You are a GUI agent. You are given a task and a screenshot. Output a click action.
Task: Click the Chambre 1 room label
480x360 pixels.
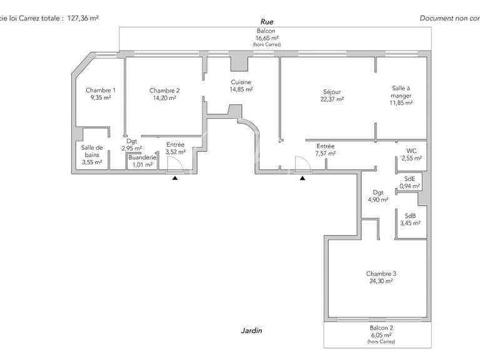(x=100, y=90)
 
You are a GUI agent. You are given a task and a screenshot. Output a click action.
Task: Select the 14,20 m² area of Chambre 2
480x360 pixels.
(x=165, y=97)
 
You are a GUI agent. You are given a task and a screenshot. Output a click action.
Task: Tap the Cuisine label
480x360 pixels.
(x=241, y=82)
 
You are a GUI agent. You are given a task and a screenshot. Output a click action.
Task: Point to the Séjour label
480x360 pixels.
(x=332, y=91)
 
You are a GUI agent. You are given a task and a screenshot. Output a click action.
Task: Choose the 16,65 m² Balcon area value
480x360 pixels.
(x=266, y=37)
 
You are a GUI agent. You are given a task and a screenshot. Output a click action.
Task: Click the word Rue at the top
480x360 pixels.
(x=266, y=21)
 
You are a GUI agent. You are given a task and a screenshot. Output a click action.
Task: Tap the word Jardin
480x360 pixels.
(x=251, y=331)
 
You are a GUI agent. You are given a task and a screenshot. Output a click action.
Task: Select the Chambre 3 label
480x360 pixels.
(x=381, y=273)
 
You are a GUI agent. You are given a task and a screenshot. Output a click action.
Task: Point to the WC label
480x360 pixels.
(x=411, y=151)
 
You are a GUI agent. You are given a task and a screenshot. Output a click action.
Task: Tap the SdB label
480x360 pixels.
(x=411, y=215)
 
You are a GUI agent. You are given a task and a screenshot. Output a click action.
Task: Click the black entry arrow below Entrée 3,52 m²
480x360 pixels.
(x=175, y=178)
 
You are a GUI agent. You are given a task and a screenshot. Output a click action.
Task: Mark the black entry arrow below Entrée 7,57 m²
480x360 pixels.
(x=302, y=178)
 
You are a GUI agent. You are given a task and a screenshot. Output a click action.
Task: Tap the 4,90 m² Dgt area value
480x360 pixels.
(x=378, y=200)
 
